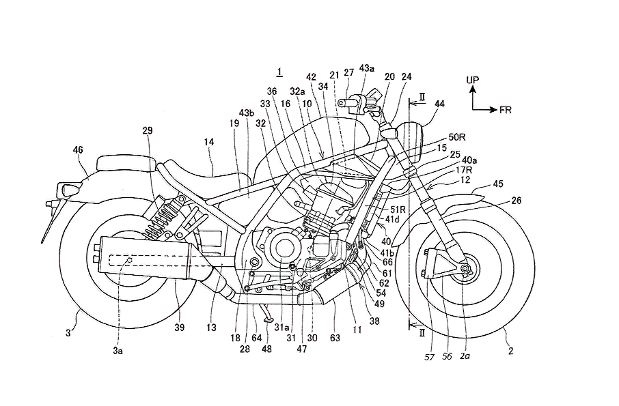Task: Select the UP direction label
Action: [x=472, y=81]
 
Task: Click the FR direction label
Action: [x=505, y=109]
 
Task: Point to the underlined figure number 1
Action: [x=279, y=72]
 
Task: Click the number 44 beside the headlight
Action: [x=439, y=104]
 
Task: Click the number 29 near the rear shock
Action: [x=148, y=130]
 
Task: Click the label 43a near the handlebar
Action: [x=367, y=69]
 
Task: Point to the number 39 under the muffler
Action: [x=179, y=328]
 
